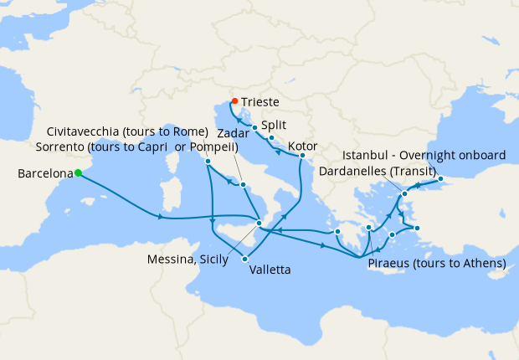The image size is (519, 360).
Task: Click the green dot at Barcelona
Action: [77, 173]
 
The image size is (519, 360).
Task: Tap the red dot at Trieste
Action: [234, 101]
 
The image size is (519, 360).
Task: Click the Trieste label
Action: [260, 101]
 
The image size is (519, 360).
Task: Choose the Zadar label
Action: [233, 133]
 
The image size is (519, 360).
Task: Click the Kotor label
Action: [303, 146]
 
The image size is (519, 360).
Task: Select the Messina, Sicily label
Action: [186, 260]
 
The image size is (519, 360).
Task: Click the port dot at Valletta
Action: [245, 259]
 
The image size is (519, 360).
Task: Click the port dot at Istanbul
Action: [440, 178]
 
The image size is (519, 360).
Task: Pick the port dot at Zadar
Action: [254, 127]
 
